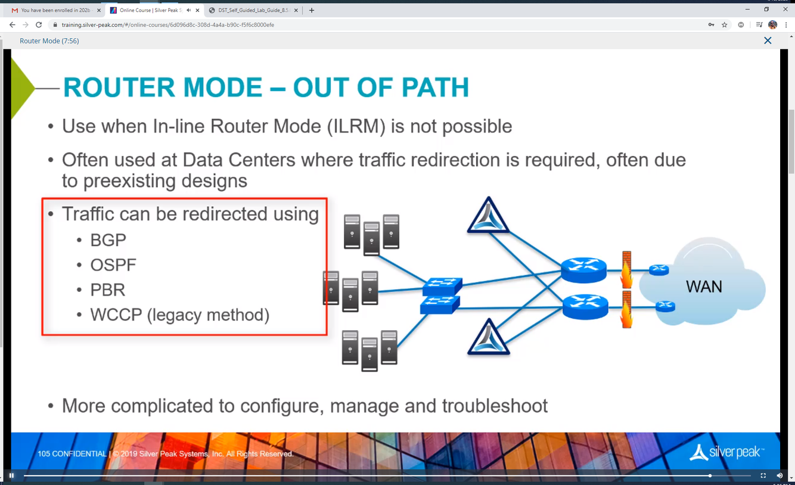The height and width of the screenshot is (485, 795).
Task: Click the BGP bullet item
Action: coord(108,240)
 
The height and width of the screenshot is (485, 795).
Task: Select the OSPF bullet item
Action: coord(113,265)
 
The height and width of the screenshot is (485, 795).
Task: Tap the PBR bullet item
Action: coord(108,290)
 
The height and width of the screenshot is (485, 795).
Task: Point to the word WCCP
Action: coord(116,315)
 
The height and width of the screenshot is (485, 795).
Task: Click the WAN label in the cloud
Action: coord(704,287)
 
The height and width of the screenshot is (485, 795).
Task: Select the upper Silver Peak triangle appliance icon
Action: coord(488,216)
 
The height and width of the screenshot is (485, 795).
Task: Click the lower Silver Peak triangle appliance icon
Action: coord(488,338)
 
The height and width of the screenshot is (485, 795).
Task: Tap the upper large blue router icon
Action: coord(583,269)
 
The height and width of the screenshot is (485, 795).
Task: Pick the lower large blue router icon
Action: coord(585,307)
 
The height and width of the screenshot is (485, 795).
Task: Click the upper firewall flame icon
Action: coord(626,270)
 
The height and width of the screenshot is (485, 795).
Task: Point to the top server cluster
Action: coord(371,234)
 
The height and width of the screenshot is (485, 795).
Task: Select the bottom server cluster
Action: coord(369,350)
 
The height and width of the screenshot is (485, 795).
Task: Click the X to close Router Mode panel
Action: coord(768,41)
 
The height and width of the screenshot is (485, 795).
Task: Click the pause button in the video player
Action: coord(11,475)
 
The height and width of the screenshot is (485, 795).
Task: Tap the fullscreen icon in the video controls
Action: coord(763,475)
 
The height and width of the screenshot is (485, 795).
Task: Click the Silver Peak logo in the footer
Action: coord(726,453)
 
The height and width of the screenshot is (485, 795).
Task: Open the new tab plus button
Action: coord(312,10)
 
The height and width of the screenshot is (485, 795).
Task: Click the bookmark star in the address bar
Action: coord(725,25)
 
